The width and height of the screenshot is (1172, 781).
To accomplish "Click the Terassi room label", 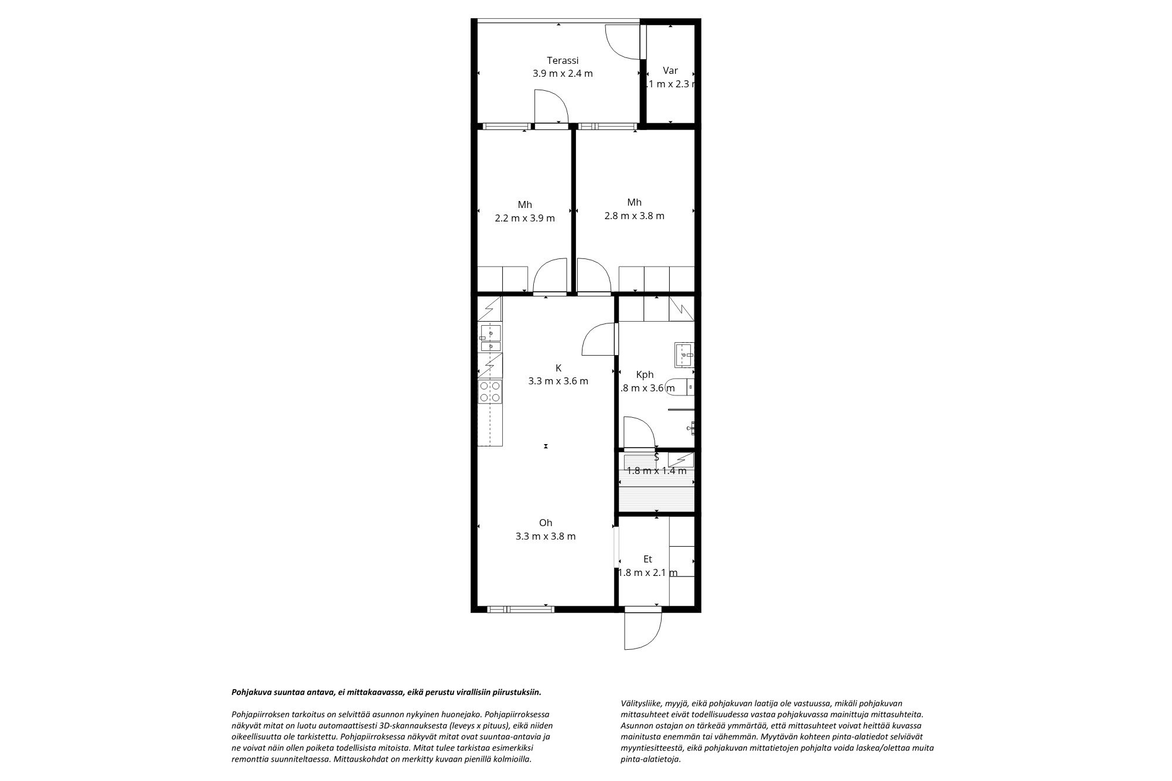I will click(563, 60).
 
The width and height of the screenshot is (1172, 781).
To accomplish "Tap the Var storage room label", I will click(670, 71).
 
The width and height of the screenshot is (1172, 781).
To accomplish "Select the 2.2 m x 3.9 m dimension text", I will click(524, 219).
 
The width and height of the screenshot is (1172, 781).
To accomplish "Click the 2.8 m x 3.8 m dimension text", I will click(634, 216).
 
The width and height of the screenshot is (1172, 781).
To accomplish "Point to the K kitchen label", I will click(558, 368).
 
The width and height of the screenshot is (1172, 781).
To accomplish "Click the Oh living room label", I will click(546, 523).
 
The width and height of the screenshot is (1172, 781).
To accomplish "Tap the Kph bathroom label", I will click(645, 375).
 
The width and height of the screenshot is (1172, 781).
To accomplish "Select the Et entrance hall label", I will click(647, 560).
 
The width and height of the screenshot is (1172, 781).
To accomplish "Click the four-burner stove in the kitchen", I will click(490, 391).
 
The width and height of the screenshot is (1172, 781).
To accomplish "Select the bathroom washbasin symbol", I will click(684, 354).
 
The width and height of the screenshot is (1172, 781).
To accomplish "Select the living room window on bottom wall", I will click(521, 609).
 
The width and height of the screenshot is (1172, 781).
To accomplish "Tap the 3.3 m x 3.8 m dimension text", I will click(546, 536).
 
